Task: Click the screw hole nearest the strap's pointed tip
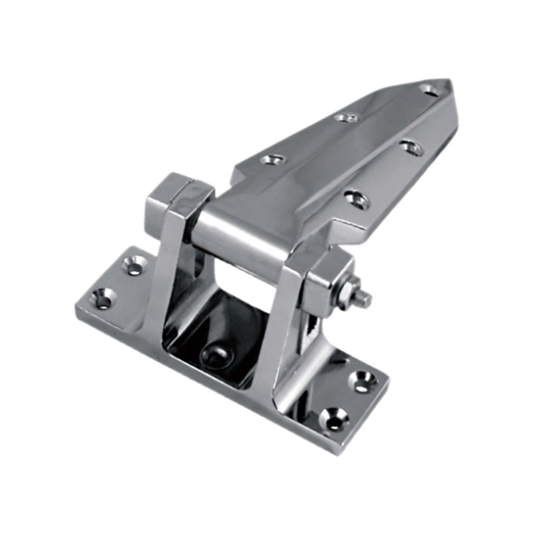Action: point(429,89)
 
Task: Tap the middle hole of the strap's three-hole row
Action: point(346,117)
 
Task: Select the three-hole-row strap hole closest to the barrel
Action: point(272,159)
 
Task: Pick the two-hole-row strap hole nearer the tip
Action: point(411,148)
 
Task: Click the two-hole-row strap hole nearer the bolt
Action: point(356,198)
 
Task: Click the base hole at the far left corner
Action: point(102,298)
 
